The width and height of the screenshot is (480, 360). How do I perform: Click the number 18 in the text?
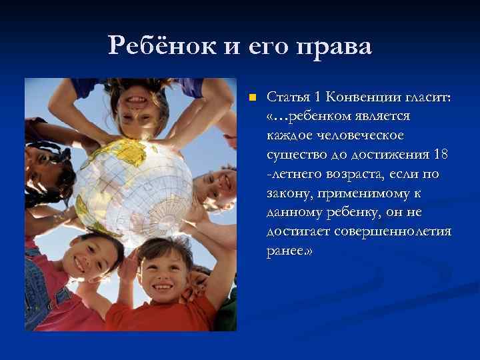[440, 155]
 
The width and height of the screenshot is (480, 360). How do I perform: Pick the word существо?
[294, 155]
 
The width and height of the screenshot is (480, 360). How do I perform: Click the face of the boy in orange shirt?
[161, 269]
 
